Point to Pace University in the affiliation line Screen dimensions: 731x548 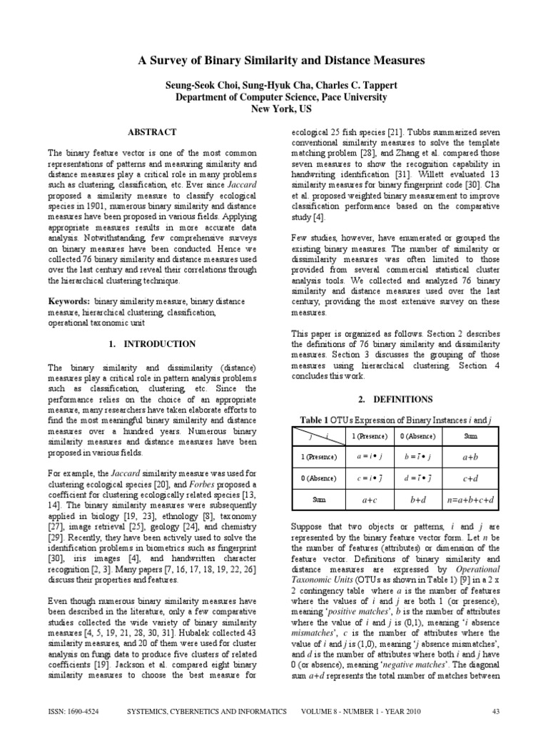coord(349,97)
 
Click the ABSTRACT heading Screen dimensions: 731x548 coord(152,133)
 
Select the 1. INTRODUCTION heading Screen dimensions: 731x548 coord(152,344)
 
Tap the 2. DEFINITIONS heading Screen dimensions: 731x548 coord(395,399)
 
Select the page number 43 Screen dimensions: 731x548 coord(496,711)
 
